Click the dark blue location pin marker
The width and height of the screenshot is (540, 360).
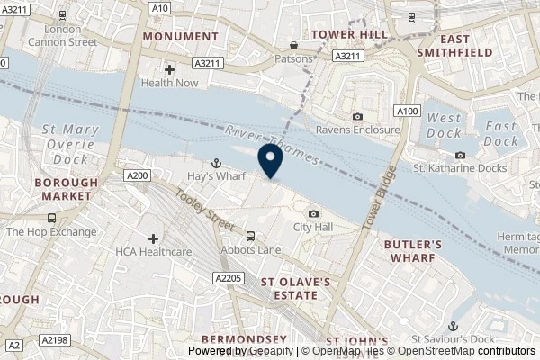click(x=270, y=159)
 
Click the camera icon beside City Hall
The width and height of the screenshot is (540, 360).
click(x=313, y=213)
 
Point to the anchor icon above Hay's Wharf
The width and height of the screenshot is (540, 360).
click(x=216, y=163)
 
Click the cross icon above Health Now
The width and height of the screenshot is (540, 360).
click(x=169, y=68)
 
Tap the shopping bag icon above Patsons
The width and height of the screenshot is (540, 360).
click(x=293, y=45)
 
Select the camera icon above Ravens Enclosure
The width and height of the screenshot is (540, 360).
click(x=357, y=116)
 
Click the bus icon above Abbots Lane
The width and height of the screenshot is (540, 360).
click(x=251, y=236)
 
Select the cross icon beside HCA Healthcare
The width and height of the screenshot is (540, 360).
click(x=153, y=238)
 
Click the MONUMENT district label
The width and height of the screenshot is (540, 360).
click(x=181, y=36)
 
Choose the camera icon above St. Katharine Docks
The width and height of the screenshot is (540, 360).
click(x=459, y=157)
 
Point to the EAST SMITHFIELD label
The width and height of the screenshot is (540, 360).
click(x=466, y=46)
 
